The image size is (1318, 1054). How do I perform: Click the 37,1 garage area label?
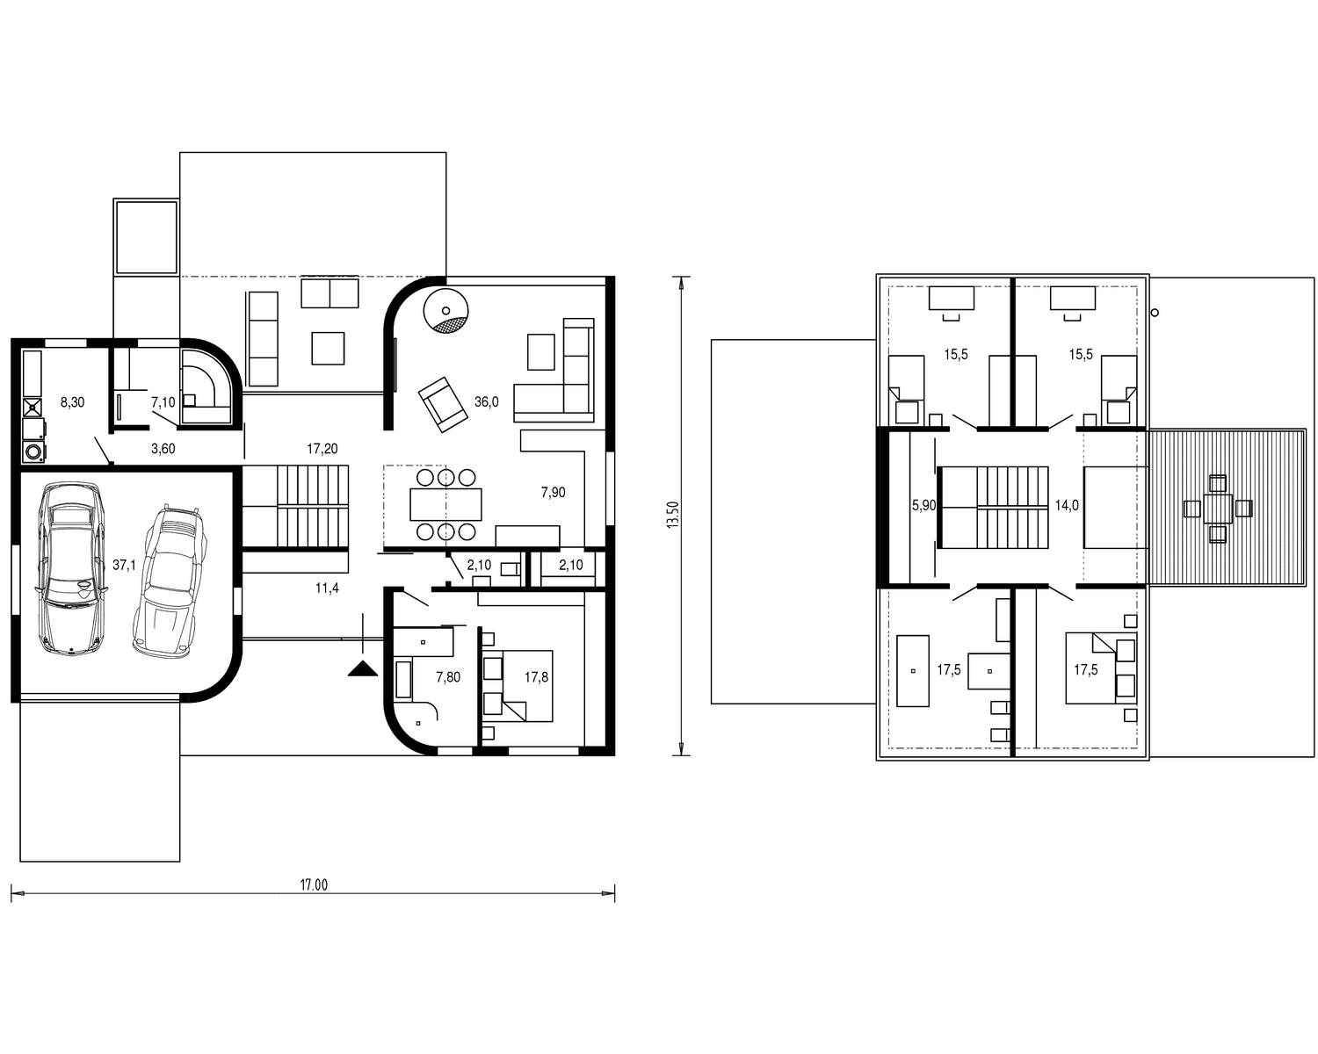[x=124, y=565]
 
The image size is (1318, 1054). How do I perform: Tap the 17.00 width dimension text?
[x=314, y=885]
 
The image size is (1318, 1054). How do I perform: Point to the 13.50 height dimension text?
[x=673, y=515]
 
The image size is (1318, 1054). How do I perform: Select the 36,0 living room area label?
[x=486, y=401]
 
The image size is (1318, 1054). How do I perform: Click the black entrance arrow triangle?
[x=363, y=668]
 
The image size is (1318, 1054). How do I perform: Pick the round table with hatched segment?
[x=446, y=311]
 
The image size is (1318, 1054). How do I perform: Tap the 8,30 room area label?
[x=72, y=402]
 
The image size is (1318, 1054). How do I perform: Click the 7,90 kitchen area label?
[x=553, y=493]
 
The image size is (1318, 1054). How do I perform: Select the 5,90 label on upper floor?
[x=924, y=505]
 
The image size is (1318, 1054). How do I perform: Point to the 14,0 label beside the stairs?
[x=1067, y=505]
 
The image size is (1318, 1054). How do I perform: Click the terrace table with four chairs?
[x=1218, y=509]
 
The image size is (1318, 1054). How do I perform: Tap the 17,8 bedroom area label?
[x=537, y=676]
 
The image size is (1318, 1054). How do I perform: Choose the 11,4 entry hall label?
[x=327, y=588]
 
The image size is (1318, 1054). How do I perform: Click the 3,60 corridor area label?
[x=163, y=448]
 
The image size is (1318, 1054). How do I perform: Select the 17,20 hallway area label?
[x=322, y=448]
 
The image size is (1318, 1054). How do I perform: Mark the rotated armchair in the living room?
[x=443, y=405]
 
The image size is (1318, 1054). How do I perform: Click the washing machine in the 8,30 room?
[x=33, y=452]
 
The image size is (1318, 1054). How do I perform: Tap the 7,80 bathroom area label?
[x=448, y=676]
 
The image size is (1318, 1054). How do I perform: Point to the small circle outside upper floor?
[x=1155, y=313]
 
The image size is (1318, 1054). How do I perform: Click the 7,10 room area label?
[x=163, y=402]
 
